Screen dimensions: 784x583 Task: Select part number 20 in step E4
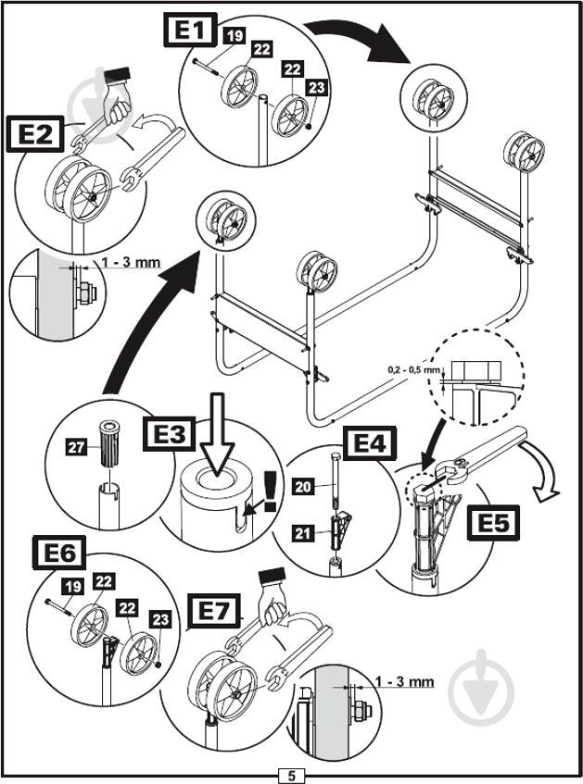302,486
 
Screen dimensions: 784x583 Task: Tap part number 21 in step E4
302,534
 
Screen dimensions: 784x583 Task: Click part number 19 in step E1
233,36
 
